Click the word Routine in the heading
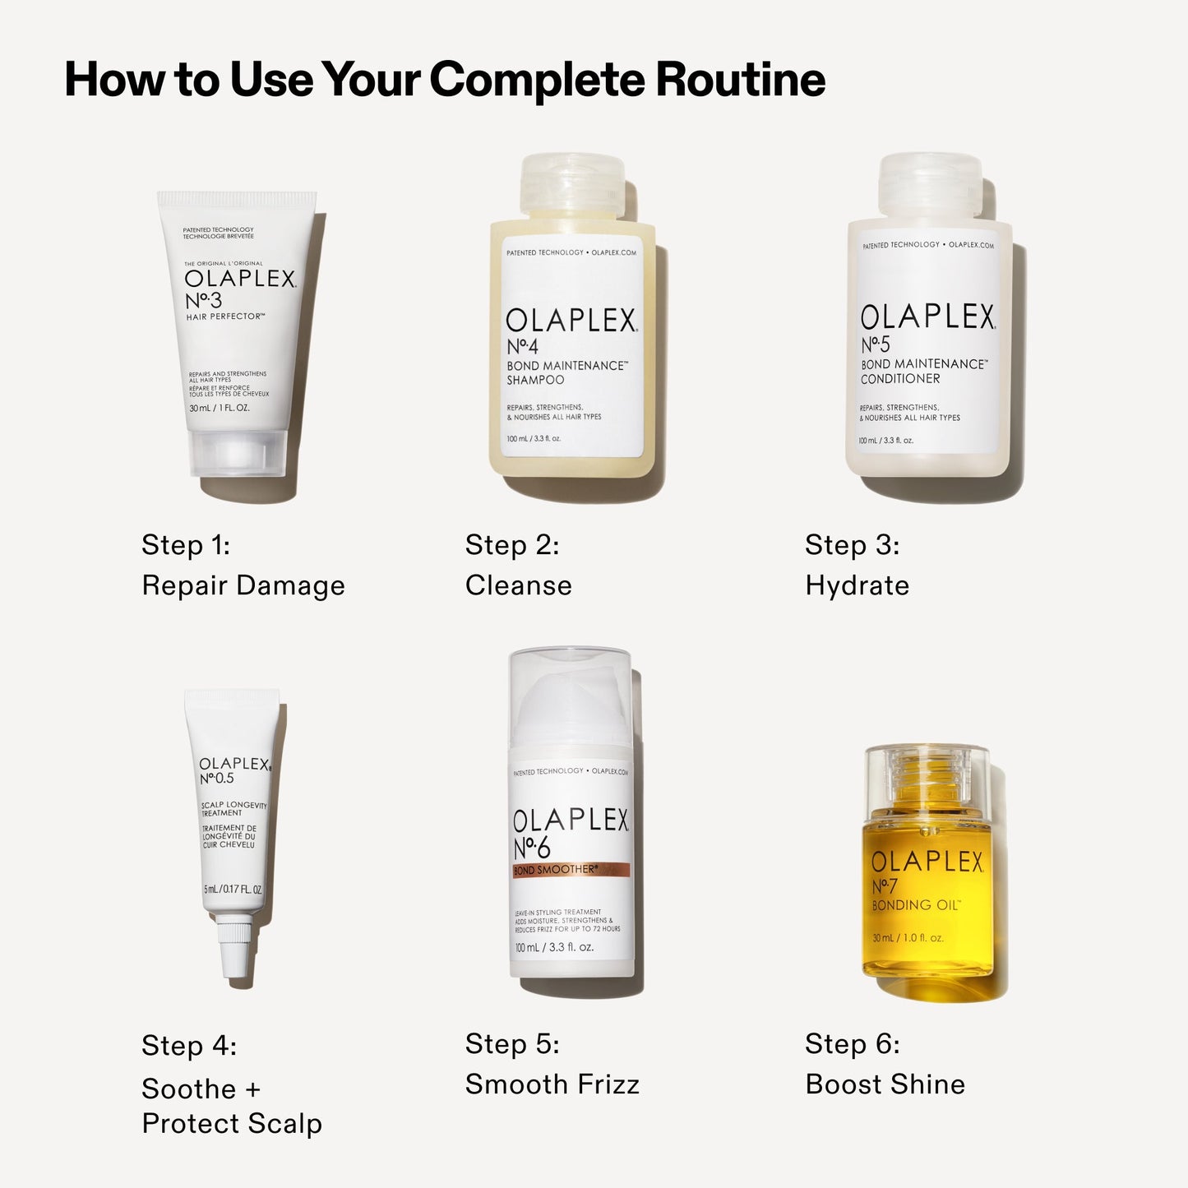click(x=740, y=80)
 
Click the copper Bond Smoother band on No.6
click(x=571, y=870)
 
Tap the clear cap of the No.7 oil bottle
click(x=927, y=777)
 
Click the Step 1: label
click(x=186, y=544)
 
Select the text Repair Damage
click(x=243, y=585)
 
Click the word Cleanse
click(x=519, y=585)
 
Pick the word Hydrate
click(x=857, y=585)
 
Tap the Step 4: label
click(x=189, y=1045)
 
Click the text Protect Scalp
click(x=232, y=1123)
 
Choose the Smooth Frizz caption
click(x=552, y=1084)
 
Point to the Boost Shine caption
click(x=885, y=1084)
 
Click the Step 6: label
click(x=853, y=1043)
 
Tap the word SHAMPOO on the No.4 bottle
click(x=535, y=380)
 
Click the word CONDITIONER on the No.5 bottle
click(x=900, y=379)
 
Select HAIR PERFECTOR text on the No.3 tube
click(x=224, y=317)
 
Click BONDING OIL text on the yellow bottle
click(x=914, y=905)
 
